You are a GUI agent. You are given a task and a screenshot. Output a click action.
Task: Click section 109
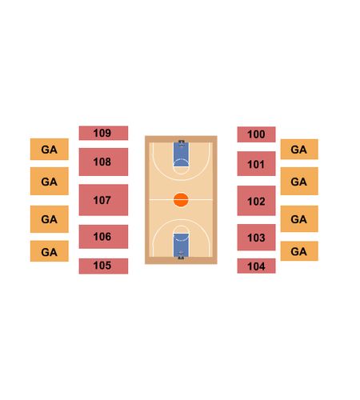point(103,133)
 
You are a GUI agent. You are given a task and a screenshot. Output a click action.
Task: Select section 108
point(103,162)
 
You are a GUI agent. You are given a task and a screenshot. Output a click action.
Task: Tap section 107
point(103,200)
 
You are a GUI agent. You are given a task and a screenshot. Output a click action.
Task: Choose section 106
point(103,237)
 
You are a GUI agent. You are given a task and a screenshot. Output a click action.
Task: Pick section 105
point(103,266)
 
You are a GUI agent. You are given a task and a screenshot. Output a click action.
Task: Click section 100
point(256,134)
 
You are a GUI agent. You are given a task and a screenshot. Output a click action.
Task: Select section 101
point(256,164)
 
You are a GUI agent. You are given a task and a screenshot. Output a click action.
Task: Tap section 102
point(256,201)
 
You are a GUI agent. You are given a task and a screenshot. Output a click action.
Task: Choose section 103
point(256,238)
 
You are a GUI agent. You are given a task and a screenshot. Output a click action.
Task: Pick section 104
point(256,266)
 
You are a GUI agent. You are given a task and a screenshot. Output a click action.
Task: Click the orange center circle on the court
point(181,200)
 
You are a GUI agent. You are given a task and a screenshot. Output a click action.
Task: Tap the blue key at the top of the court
point(181,154)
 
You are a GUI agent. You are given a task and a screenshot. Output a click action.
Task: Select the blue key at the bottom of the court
point(181,246)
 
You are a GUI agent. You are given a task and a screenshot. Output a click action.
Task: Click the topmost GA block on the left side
point(50,150)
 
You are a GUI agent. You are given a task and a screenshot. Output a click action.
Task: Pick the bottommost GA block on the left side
point(50,251)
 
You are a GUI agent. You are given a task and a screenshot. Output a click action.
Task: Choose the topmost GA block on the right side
point(299,150)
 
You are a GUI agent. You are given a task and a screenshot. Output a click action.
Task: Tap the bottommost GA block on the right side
point(299,251)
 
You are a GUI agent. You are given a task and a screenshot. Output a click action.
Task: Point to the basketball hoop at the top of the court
point(182,143)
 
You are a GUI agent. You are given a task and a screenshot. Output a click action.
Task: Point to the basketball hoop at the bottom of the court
point(181,255)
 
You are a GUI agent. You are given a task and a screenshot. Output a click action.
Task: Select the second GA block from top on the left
point(50,181)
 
